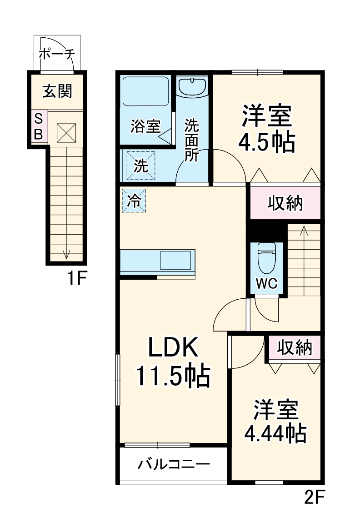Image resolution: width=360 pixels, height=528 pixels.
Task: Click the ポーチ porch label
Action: [x=57, y=54]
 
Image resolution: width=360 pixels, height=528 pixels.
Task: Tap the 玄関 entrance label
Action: [x=57, y=91]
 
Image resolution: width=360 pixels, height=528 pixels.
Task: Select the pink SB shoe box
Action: [x=39, y=126]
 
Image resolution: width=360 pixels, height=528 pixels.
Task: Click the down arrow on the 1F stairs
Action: [x=66, y=254]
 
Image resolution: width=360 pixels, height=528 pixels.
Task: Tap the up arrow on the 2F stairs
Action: [x=304, y=231]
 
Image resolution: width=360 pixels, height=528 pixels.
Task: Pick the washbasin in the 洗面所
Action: [x=192, y=86]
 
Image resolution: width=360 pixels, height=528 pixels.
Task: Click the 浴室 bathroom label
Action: [x=145, y=126]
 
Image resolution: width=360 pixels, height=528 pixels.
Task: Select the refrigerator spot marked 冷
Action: [x=134, y=200]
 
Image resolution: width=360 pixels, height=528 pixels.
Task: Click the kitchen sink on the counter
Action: [x=175, y=261]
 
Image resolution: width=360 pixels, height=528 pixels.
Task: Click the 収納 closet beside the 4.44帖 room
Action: [x=295, y=348]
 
